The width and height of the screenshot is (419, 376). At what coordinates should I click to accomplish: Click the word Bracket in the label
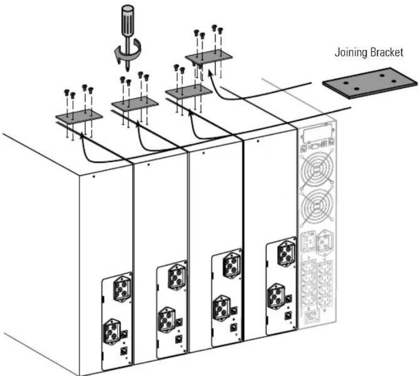[x=386, y=52]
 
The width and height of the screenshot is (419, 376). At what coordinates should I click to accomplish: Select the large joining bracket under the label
[x=370, y=83]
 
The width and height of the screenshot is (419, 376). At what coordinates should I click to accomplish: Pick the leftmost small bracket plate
[x=79, y=116]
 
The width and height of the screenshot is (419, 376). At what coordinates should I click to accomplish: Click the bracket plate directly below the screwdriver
[x=135, y=103]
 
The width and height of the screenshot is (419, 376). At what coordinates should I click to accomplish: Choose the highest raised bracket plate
[x=209, y=56]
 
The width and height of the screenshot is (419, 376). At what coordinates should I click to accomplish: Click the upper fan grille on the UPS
[x=317, y=168]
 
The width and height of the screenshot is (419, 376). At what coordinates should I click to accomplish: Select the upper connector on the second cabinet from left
[x=177, y=277]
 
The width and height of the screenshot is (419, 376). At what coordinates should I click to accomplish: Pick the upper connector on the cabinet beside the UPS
[x=286, y=253]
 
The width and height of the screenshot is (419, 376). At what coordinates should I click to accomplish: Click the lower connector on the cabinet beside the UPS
[x=276, y=296]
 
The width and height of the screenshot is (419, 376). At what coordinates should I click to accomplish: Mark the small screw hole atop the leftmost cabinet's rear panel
[x=93, y=176]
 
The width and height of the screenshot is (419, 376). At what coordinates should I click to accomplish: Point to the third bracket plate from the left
[x=189, y=91]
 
